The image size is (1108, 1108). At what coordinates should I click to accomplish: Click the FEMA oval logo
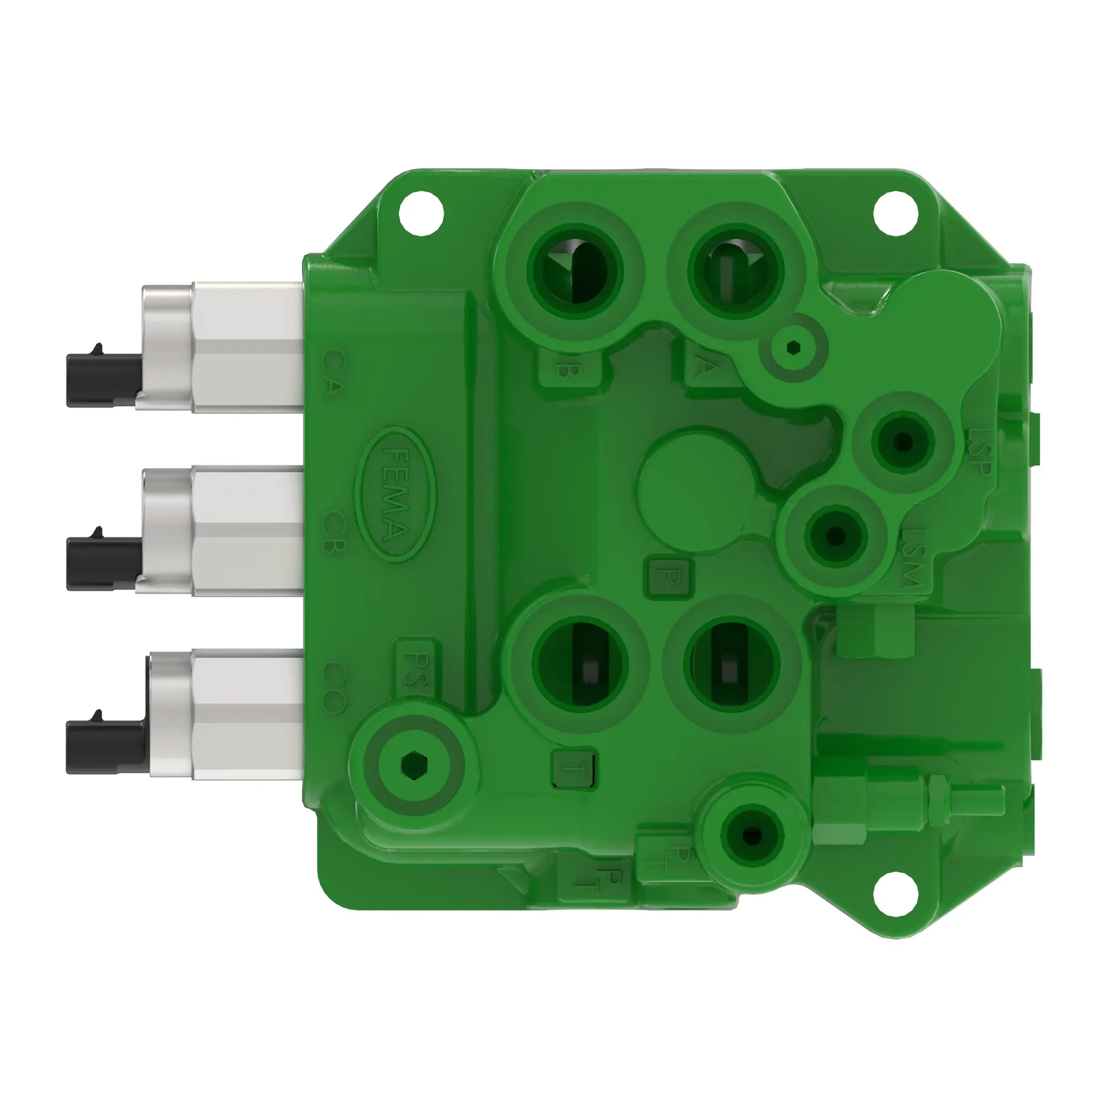click(395, 494)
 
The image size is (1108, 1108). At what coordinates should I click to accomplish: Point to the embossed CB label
click(332, 531)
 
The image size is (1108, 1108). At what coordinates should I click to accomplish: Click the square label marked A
click(702, 368)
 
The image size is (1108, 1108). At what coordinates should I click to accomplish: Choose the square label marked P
click(669, 576)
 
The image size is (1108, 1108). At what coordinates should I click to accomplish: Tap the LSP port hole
click(902, 442)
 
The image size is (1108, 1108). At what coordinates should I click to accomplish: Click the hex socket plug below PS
click(413, 765)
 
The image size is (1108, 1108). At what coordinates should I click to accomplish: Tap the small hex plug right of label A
click(793, 346)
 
